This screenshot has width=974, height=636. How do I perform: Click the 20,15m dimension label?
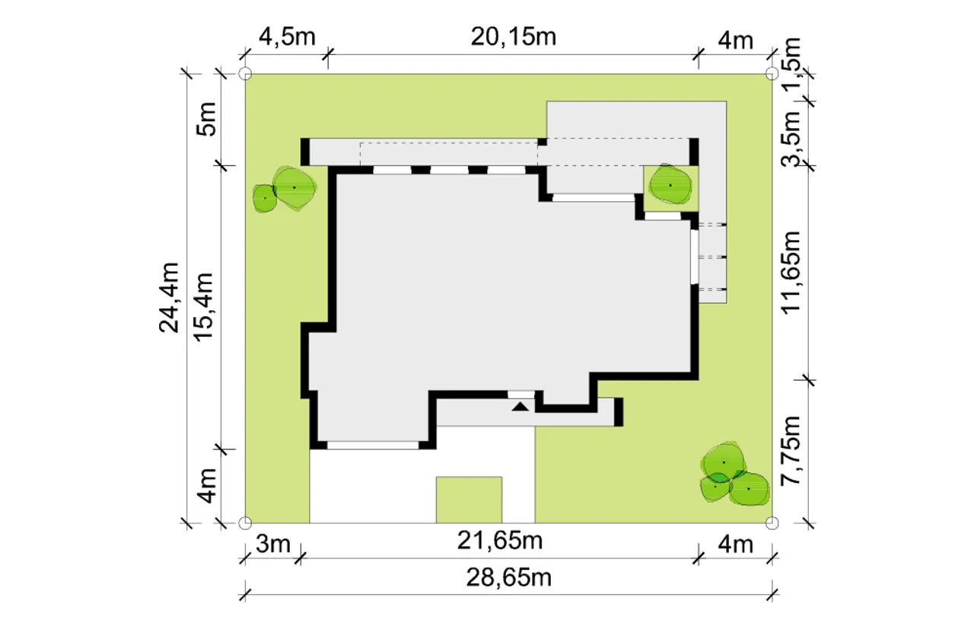(513, 37)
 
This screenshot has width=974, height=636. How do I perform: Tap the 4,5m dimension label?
(287, 37)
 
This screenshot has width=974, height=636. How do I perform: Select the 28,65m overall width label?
(509, 578)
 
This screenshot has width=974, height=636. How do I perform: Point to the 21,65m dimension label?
(500, 541)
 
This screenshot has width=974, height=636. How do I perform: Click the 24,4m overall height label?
(170, 298)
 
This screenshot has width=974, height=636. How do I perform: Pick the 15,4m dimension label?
(203, 307)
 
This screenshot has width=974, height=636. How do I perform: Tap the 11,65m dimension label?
(791, 272)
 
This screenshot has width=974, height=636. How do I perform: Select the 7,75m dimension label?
(791, 451)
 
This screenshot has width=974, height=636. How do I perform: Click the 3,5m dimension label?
(791, 139)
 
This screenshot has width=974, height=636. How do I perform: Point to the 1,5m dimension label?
(791, 63)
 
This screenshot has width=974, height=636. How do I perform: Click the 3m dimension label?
(273, 544)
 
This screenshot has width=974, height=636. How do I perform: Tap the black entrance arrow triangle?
(520, 407)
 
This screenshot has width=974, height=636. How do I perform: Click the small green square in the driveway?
(469, 500)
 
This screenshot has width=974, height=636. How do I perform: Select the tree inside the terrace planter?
(670, 184)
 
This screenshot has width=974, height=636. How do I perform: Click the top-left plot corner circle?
(245, 74)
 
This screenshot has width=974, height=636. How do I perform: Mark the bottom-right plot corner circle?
(772, 523)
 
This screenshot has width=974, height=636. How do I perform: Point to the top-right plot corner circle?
(772, 74)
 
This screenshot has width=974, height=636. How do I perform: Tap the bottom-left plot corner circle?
(245, 523)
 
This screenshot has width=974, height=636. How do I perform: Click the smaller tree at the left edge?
(264, 199)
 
